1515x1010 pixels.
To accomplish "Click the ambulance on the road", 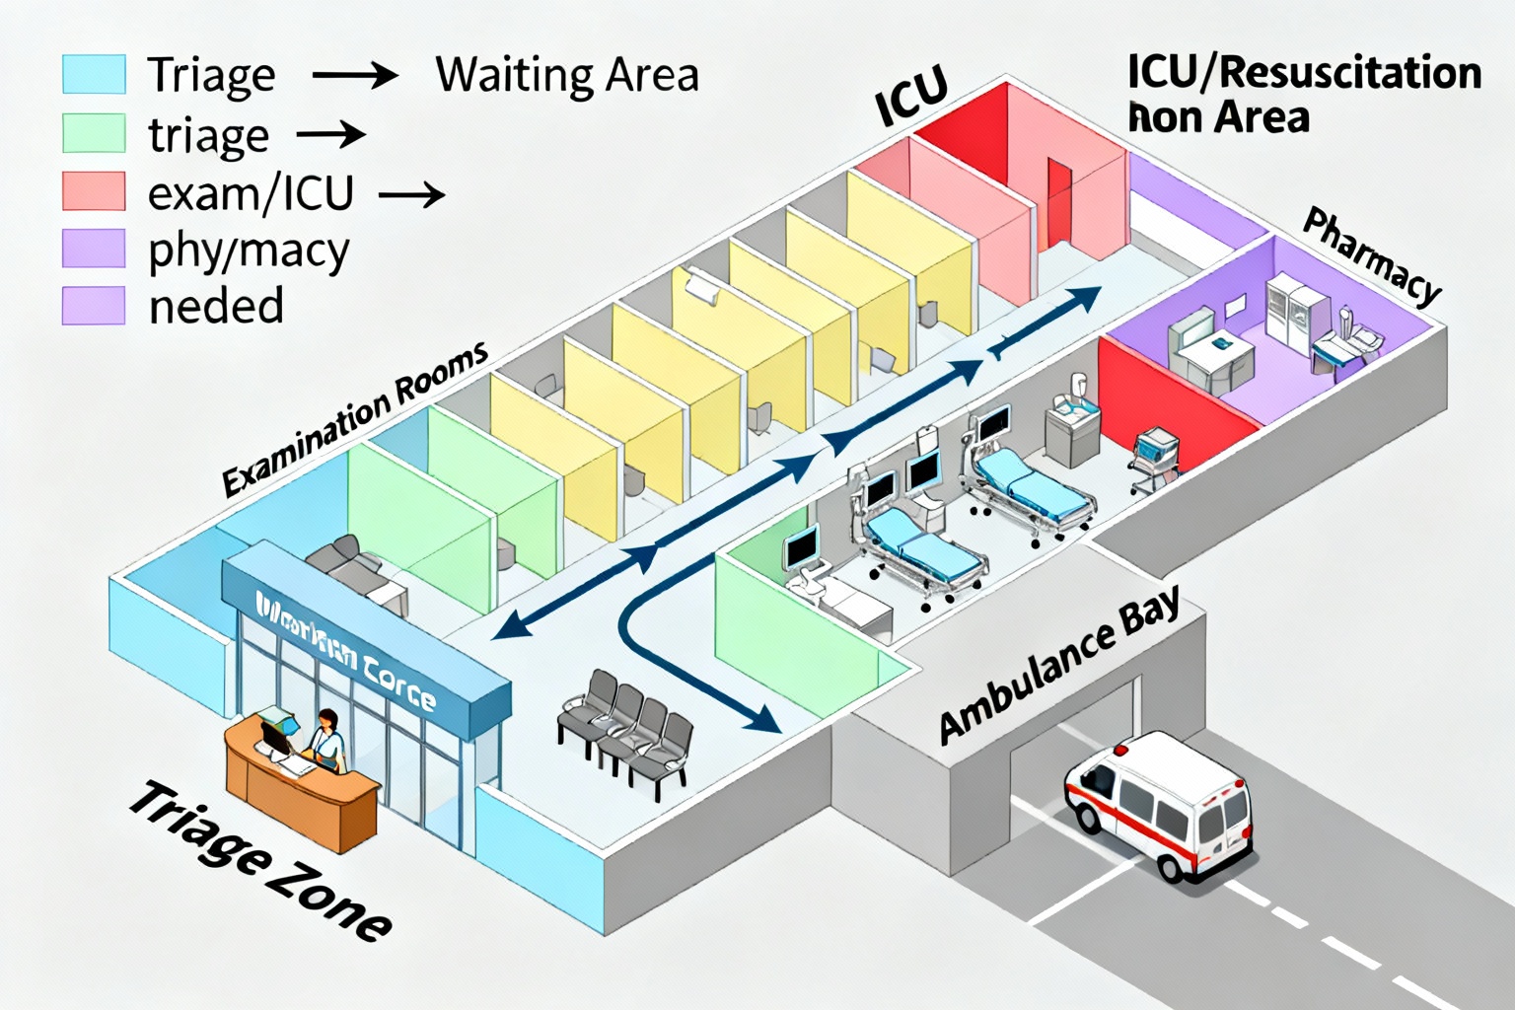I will click(1158, 803).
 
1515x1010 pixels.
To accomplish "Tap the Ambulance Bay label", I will click(1059, 667).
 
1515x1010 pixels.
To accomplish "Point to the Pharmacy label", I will click(1372, 254).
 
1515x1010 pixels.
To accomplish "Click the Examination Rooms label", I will click(355, 418).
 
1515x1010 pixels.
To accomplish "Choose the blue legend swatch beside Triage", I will click(94, 75).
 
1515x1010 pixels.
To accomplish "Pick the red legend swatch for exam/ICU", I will click(94, 191).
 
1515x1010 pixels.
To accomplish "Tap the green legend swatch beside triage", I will click(94, 133).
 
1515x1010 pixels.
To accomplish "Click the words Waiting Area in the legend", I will click(567, 75).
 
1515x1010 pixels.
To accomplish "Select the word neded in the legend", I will click(216, 306).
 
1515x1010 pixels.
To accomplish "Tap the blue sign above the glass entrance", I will click(365, 641).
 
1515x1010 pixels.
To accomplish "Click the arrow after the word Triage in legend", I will click(354, 75).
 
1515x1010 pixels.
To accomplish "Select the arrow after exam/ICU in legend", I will click(411, 195).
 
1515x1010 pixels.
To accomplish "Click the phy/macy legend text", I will click(249, 251).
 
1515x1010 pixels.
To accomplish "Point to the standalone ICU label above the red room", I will click(911, 97).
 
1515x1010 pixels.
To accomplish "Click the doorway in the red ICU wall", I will click(1058, 201).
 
